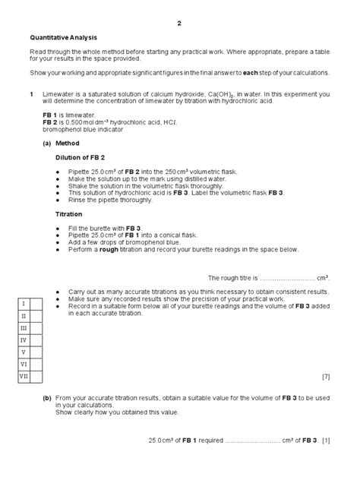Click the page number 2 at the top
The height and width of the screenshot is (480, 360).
click(x=179, y=23)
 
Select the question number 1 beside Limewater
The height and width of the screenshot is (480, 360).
click(x=31, y=93)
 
